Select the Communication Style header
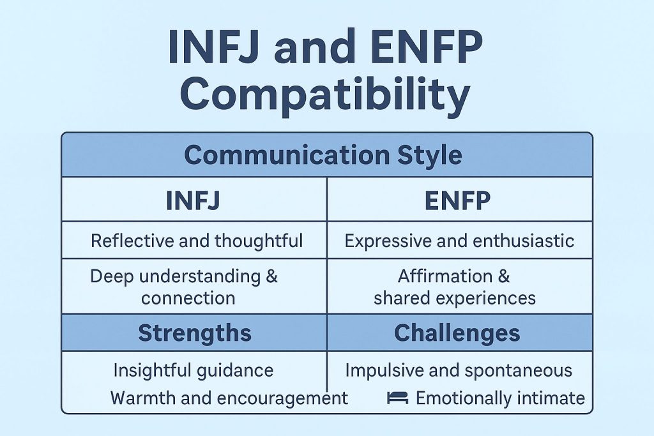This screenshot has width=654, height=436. point(323,156)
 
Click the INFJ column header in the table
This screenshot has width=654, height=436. point(193,200)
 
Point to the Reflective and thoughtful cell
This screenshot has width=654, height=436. point(197,241)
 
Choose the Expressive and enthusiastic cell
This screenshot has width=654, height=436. point(459,241)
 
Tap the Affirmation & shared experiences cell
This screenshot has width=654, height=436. point(454,287)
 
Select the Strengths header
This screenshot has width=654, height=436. point(194,333)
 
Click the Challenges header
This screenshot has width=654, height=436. point(457,333)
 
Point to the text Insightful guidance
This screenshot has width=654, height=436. point(193,370)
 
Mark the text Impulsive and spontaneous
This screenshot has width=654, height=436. point(458,370)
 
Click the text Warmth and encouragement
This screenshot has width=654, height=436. point(229,398)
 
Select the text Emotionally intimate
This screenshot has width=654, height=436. point(500,398)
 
